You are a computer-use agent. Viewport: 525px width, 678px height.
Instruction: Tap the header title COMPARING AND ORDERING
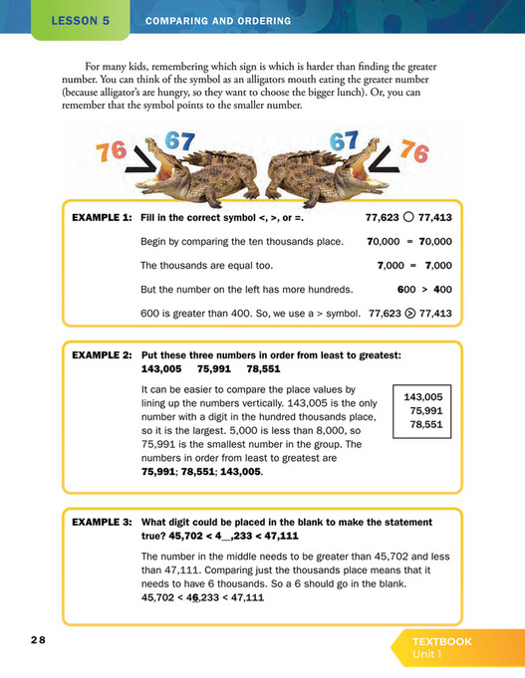[x=218, y=21]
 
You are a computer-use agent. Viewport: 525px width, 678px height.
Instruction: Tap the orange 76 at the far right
[x=413, y=152]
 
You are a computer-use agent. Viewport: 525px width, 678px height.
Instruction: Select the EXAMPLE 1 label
[x=102, y=216]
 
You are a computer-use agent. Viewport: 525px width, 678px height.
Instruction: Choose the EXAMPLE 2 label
[x=102, y=355]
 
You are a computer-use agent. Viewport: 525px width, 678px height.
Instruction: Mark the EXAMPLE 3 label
[x=102, y=522]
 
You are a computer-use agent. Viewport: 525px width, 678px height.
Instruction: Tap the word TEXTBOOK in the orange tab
[x=441, y=642]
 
